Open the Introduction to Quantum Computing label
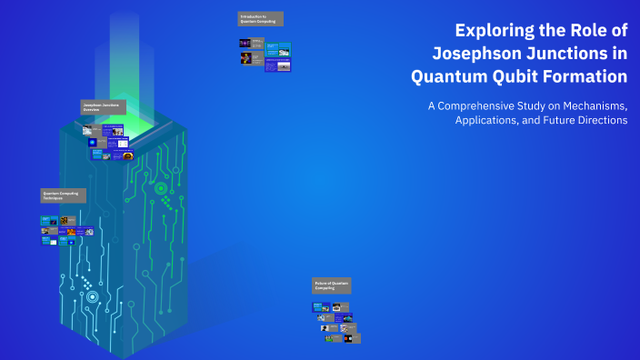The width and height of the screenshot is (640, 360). pos(260,18)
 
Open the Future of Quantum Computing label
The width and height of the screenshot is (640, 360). pos(331,285)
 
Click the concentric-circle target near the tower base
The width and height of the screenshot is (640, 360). pos(92,296)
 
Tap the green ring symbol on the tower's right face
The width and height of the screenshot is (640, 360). pos(161,189)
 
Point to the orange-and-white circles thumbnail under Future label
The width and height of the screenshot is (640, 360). pos(348,338)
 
